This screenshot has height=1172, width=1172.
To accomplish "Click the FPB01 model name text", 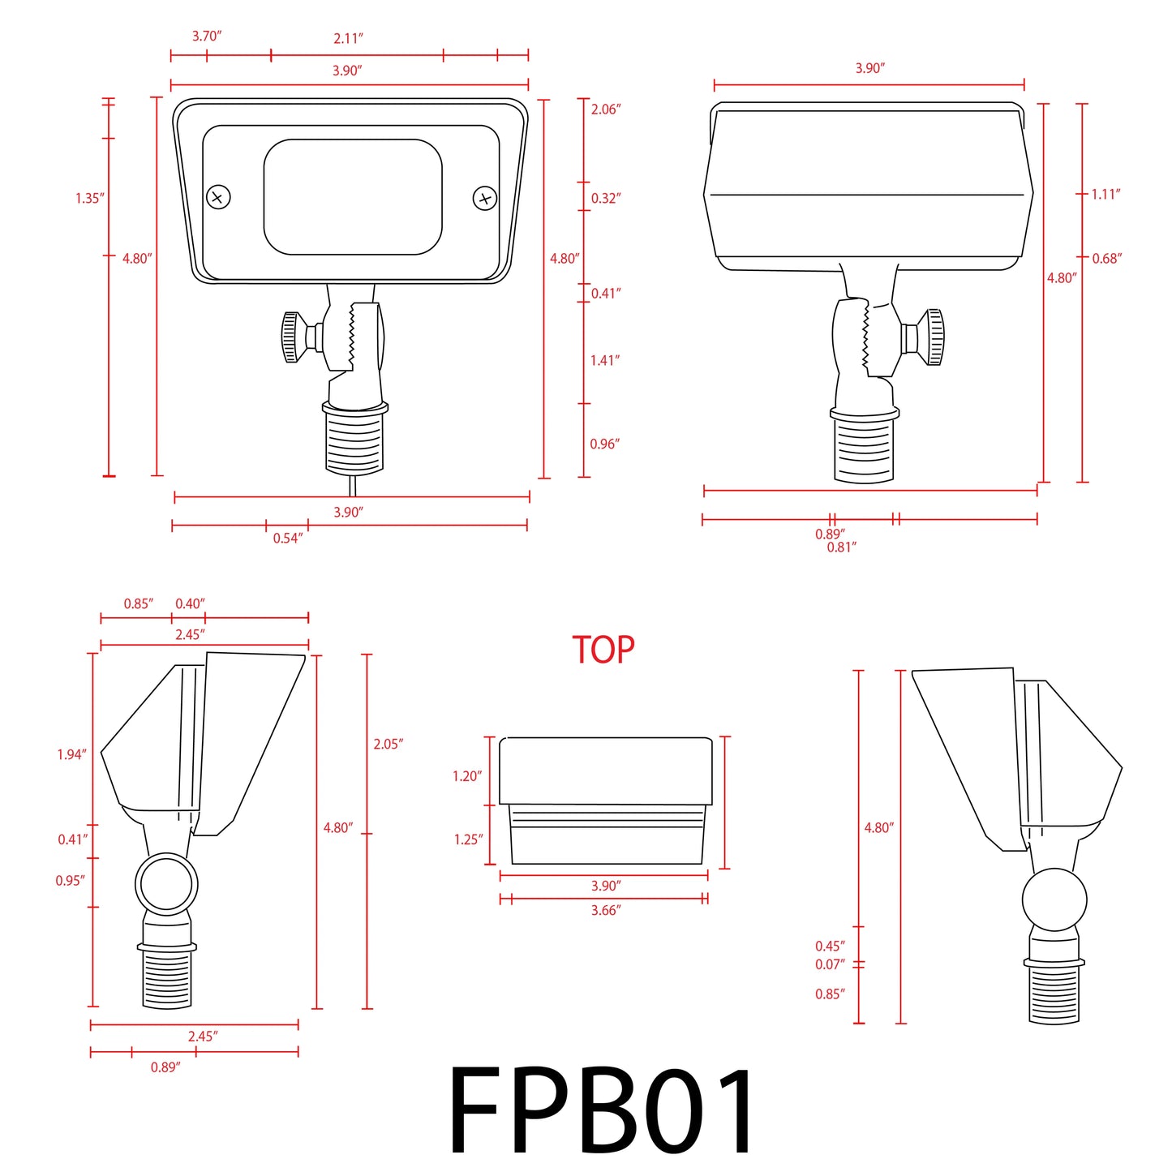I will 601,1110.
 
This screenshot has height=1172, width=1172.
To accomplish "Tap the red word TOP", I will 603,650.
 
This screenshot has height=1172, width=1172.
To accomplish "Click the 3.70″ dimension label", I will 207,36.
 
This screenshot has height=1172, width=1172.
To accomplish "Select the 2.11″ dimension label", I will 348,38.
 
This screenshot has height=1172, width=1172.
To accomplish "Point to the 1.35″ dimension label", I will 90,199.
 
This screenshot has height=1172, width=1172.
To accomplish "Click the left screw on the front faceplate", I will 219,197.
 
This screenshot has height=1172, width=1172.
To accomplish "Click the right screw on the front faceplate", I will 484,198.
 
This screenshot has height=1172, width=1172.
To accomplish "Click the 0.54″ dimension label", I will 287,539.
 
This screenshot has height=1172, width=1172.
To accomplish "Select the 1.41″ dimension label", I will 605,361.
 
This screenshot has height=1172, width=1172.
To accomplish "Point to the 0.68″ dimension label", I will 1106,259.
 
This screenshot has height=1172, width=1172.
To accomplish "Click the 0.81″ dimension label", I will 841,548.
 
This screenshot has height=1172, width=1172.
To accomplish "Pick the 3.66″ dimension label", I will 605,911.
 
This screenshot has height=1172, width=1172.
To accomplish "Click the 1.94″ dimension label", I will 71,755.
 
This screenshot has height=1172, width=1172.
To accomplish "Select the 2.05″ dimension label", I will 388,745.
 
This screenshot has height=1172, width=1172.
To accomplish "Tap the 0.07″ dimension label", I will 830,964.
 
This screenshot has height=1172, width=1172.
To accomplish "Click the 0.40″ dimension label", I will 190,604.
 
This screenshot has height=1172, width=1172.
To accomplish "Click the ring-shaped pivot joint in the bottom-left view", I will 166,883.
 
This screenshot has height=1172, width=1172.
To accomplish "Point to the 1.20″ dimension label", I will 467,777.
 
